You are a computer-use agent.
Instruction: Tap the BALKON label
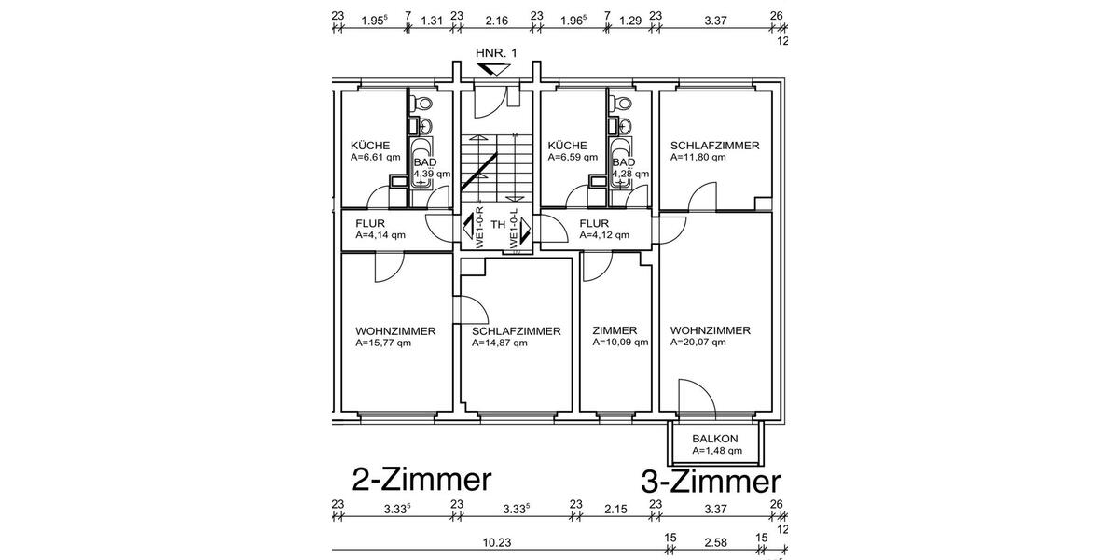[x=715, y=439]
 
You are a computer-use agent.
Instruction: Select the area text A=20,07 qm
[x=698, y=343]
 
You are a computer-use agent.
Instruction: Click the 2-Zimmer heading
[x=421, y=480]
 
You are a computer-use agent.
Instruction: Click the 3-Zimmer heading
[x=711, y=482]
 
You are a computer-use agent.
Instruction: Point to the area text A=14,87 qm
[x=500, y=343]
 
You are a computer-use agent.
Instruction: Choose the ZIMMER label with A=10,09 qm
[x=615, y=330]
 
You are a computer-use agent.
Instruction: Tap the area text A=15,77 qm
[x=383, y=343]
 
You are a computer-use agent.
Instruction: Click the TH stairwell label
[x=499, y=225]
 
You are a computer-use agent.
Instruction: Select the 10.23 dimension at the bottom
[x=499, y=541]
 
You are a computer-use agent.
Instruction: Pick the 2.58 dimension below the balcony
[x=715, y=541]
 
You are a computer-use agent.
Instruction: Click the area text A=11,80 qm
[x=698, y=158]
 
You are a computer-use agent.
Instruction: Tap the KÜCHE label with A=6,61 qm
[x=370, y=146]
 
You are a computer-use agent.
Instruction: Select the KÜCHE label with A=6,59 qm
[x=568, y=146]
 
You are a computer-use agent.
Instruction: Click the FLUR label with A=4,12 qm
[x=594, y=224]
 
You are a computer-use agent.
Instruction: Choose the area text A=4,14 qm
[x=380, y=235]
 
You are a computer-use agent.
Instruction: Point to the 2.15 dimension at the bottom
[x=616, y=510]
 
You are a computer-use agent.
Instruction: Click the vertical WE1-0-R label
[x=479, y=226]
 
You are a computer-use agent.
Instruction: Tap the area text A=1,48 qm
[x=717, y=451]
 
